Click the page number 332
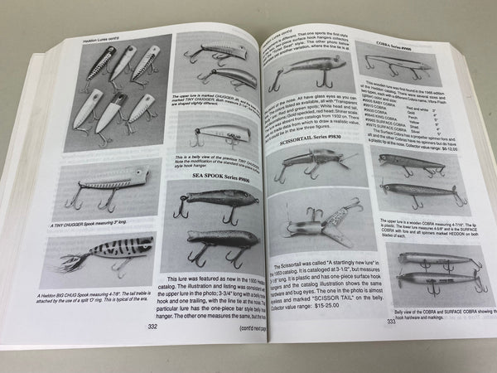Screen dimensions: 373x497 click(x=152, y=327)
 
